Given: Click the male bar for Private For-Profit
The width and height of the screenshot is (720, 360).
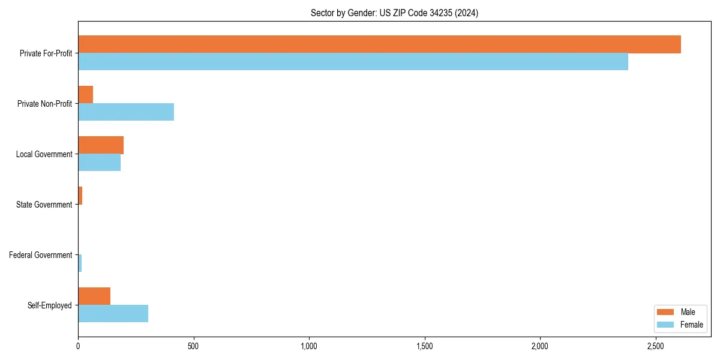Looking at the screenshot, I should pos(379,44).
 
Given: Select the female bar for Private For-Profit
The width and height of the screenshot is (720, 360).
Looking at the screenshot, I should pos(353,61).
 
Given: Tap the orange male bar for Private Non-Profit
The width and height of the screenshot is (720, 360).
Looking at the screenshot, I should pos(86,95).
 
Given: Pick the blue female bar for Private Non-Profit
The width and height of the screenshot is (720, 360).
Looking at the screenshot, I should pos(126,112).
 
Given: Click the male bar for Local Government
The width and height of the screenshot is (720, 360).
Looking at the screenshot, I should pos(101,145).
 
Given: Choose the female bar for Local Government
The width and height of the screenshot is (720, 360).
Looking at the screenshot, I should pos(99,162).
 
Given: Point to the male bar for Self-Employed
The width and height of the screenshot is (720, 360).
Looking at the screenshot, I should pos(94,296).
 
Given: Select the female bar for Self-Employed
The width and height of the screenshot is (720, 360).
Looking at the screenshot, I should pos(113,313).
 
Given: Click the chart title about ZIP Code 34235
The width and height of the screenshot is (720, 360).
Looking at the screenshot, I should pos(394,13).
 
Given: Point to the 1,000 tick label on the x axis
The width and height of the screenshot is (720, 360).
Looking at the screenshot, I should pos(309,346).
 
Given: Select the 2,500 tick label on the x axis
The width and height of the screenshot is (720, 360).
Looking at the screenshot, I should pos(655,346).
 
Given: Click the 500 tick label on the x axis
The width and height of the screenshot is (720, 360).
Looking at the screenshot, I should pos(193,346).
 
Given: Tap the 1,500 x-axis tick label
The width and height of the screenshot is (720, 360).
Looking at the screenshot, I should pos(424,346).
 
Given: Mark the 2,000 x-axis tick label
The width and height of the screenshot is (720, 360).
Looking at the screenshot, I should pos(540,346).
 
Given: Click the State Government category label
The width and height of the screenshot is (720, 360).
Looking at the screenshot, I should pos(44,205).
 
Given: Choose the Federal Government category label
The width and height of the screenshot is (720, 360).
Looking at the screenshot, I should pos(41,255).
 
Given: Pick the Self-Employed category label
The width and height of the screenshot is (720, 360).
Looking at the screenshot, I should pos(50,305).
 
